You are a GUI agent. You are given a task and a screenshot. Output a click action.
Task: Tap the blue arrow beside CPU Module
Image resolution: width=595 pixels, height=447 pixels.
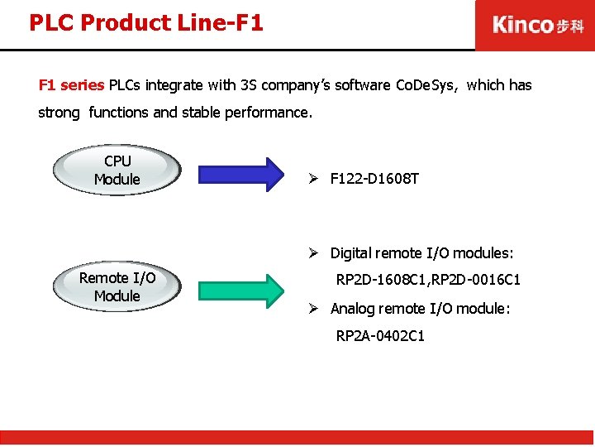click(240, 174)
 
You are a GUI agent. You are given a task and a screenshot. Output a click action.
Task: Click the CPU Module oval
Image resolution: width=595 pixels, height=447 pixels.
click(117, 171)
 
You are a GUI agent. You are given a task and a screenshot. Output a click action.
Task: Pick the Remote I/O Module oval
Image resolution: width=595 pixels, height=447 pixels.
click(117, 287)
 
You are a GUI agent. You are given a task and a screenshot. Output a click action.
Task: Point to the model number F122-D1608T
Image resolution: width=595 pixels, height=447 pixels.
click(374, 178)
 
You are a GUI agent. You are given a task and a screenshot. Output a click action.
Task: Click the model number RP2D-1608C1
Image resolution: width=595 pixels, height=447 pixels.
click(380, 280)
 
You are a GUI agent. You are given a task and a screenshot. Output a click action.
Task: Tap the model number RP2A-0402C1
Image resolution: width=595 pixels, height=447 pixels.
click(380, 335)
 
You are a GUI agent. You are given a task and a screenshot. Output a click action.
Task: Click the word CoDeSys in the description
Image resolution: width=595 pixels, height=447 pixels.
click(426, 84)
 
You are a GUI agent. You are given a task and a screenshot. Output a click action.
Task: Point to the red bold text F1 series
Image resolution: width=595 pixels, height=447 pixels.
click(72, 84)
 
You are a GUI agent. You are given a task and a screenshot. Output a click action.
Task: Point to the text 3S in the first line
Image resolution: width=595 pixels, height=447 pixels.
click(249, 84)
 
